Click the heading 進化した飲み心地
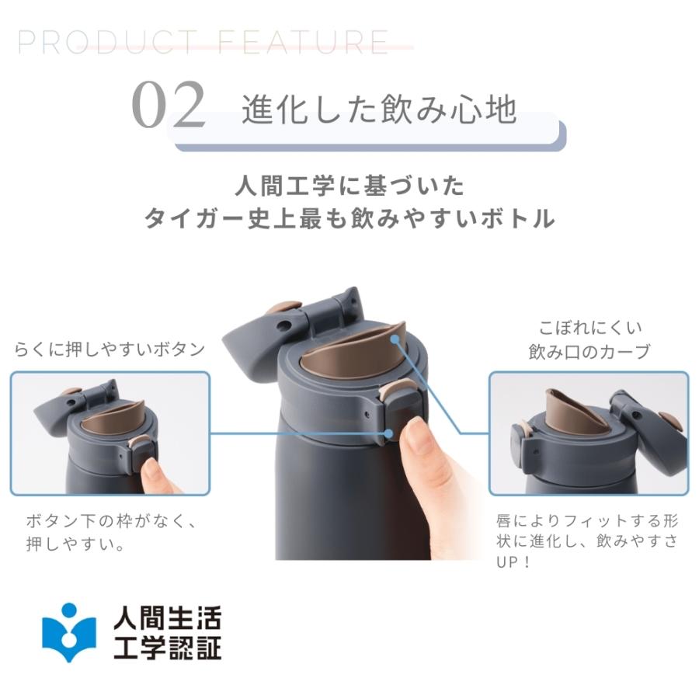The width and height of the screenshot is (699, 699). pos(378,110)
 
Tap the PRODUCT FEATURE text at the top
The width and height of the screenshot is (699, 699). pos(203,43)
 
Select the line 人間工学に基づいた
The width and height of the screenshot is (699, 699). pos(349,186)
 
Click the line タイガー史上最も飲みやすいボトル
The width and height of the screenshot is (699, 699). pos(349,219)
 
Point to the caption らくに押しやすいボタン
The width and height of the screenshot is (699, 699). pos(110,349)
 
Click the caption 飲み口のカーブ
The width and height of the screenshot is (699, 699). pos(589,352)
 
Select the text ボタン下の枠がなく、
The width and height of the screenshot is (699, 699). pos(111,521)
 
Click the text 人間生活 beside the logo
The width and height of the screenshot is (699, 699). pos(167,619)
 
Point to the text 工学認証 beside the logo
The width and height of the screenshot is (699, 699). pos(167,647)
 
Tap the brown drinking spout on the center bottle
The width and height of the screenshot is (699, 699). pos(349,353)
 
